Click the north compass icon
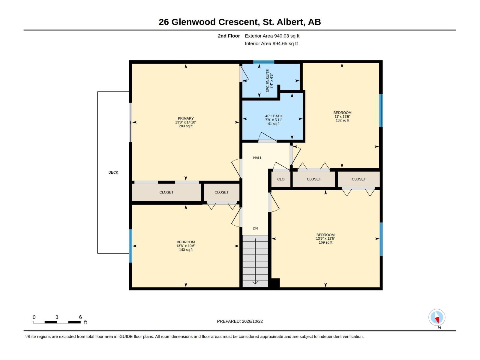click(437, 317)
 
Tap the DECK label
click(113, 172)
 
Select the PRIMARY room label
click(186, 118)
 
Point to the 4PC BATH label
click(274, 116)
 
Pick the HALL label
click(257, 158)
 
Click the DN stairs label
click(255, 228)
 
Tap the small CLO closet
click(281, 179)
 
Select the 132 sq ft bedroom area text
click(343, 120)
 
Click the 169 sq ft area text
click(325, 242)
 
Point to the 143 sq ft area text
click(186, 250)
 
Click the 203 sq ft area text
click(186, 126)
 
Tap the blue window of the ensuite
click(264, 62)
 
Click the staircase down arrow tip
click(255, 284)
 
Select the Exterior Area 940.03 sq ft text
click(272, 36)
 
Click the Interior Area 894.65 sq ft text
click(271, 43)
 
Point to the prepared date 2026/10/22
click(252, 321)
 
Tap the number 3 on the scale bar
click(57, 317)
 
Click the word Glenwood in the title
click(193, 22)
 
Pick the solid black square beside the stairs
click(275, 283)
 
